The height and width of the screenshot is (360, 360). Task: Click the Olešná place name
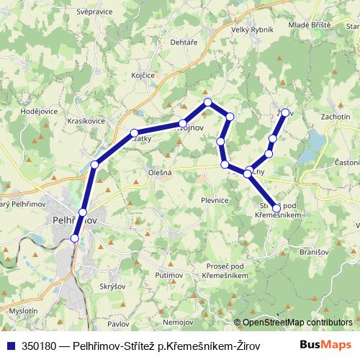point(140,173)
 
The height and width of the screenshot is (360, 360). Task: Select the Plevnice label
point(215,201)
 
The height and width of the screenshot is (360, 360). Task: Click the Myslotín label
point(23,310)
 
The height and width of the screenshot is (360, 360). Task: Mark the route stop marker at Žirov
point(286,112)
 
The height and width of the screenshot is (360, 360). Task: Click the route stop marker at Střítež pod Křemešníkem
point(276,207)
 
